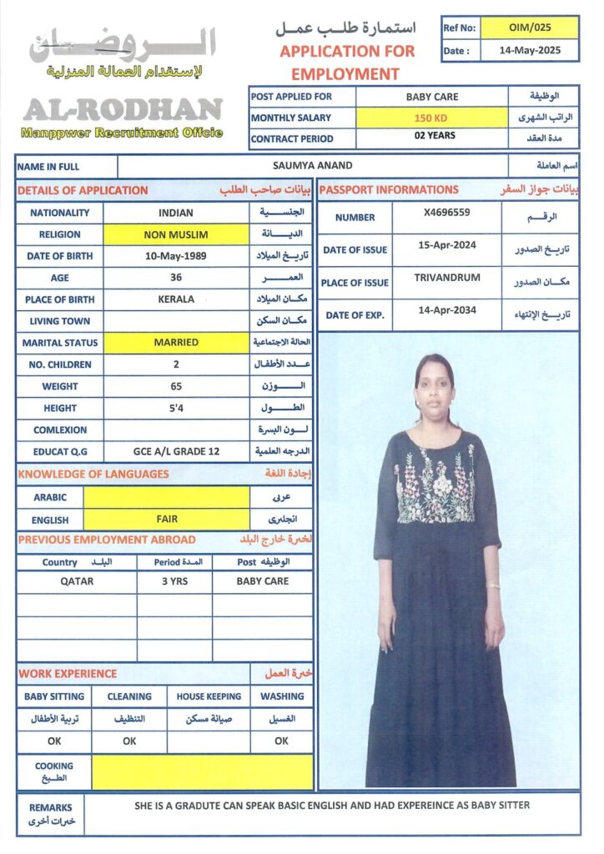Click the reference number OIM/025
coord(530,28)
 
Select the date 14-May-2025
coord(530,50)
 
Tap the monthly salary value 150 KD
coord(430,118)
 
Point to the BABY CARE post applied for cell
coord(431,97)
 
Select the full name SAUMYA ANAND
coord(313,165)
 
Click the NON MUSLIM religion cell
coord(176,234)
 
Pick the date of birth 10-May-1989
coord(175,256)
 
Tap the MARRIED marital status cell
coord(176,342)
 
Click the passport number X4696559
coord(446,213)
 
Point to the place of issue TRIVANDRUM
coord(447,278)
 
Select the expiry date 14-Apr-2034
coord(447,310)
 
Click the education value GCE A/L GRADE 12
coord(176,451)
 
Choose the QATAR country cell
coord(77,581)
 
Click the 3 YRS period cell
coord(174,581)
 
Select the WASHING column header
coord(282,696)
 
